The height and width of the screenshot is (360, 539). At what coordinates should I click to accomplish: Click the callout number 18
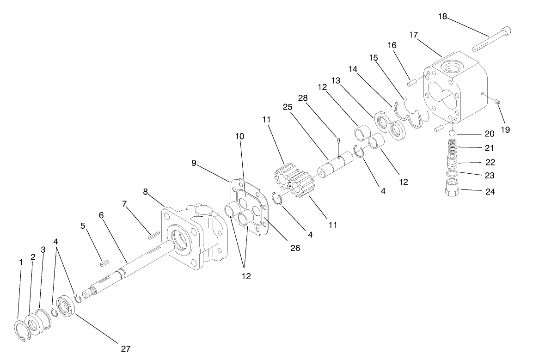coord(443,17)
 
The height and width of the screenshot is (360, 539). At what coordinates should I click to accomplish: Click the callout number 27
coord(125,348)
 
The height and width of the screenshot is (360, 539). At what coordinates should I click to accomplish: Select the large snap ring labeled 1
coord(21,332)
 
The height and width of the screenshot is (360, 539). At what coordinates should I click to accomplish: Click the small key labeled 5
coord(105,262)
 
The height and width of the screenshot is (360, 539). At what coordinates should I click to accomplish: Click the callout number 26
coord(295,248)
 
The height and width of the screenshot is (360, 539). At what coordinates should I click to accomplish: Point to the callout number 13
coord(336,80)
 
